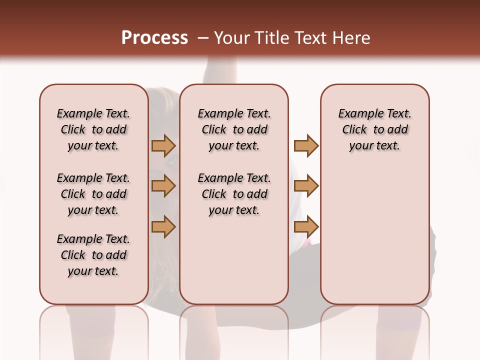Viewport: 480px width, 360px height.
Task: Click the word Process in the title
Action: (x=154, y=38)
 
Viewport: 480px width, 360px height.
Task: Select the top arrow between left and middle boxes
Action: (x=163, y=145)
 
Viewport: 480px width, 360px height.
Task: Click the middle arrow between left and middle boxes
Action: (x=163, y=186)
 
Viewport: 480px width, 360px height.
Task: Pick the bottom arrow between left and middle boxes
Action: (x=163, y=226)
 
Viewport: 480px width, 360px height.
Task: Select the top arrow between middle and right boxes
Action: (x=306, y=145)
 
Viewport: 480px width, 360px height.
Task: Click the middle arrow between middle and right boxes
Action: (x=306, y=186)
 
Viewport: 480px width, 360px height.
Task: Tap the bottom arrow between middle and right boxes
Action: (x=306, y=226)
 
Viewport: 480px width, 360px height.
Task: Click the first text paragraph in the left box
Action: (x=93, y=129)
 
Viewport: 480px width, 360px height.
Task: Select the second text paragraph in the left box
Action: (x=93, y=194)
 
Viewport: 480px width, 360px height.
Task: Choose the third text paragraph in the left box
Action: (x=93, y=255)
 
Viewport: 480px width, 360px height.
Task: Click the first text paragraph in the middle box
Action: (x=234, y=129)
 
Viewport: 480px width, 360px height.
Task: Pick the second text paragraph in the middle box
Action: (x=234, y=194)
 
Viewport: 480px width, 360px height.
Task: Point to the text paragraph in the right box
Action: (x=374, y=129)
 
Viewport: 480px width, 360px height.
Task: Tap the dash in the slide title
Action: (x=202, y=38)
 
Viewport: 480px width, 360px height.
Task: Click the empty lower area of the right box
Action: (x=374, y=240)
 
